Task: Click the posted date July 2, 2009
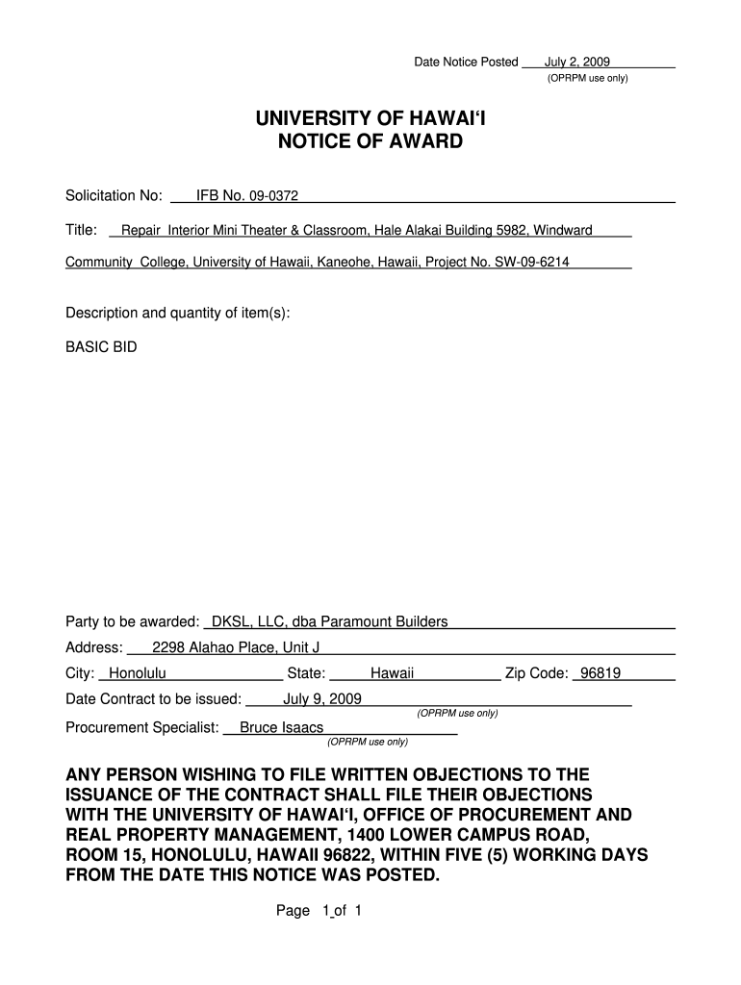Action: [577, 62]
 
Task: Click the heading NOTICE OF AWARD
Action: [370, 142]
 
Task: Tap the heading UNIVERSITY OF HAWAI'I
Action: [370, 119]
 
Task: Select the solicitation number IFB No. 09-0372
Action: [247, 196]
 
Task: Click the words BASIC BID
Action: [101, 346]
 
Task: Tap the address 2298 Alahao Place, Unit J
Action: [236, 647]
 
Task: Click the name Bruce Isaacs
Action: [281, 727]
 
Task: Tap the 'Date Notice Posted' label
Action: [466, 62]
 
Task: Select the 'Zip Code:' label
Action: [536, 673]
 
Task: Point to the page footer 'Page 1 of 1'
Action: [318, 911]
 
